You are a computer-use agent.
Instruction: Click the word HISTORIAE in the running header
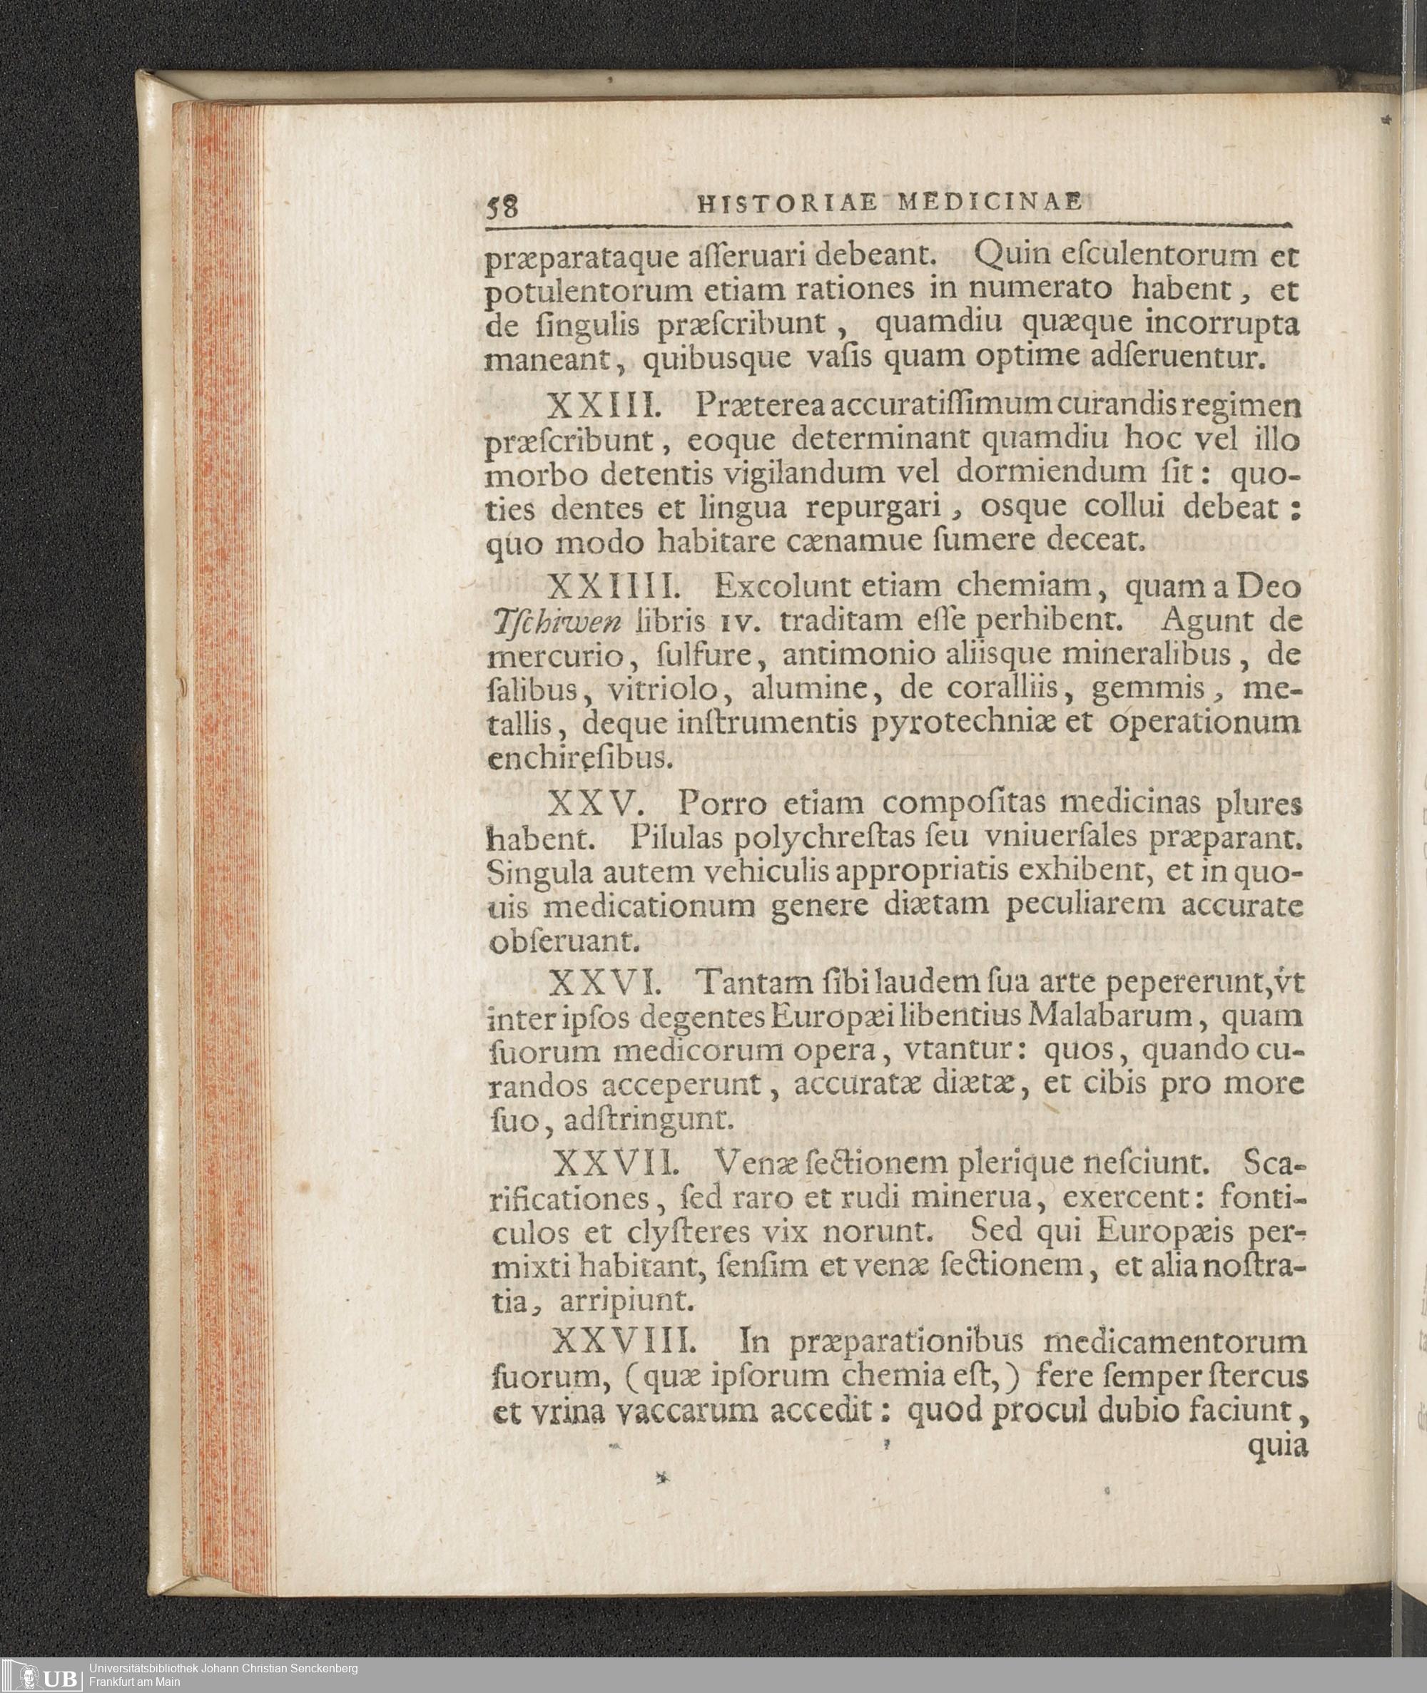point(786,205)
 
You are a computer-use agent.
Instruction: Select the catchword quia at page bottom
point(1277,1446)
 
